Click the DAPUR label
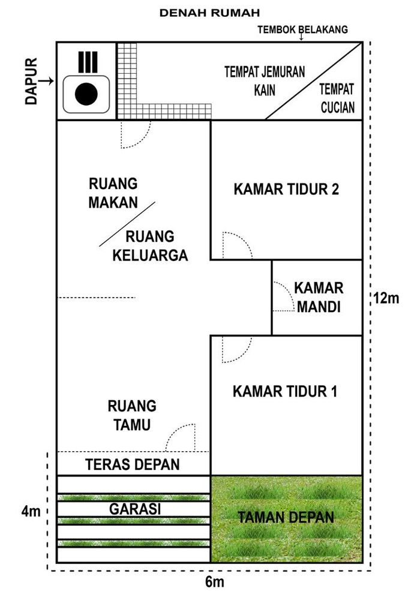32,81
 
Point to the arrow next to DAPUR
47,81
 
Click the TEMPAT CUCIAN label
337,98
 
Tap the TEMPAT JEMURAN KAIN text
265,81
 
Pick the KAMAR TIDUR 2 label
286,190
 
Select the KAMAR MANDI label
318,298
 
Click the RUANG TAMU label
132,415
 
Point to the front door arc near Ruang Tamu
181,439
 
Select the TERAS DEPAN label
133,464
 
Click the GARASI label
134,509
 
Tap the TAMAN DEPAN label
286,517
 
